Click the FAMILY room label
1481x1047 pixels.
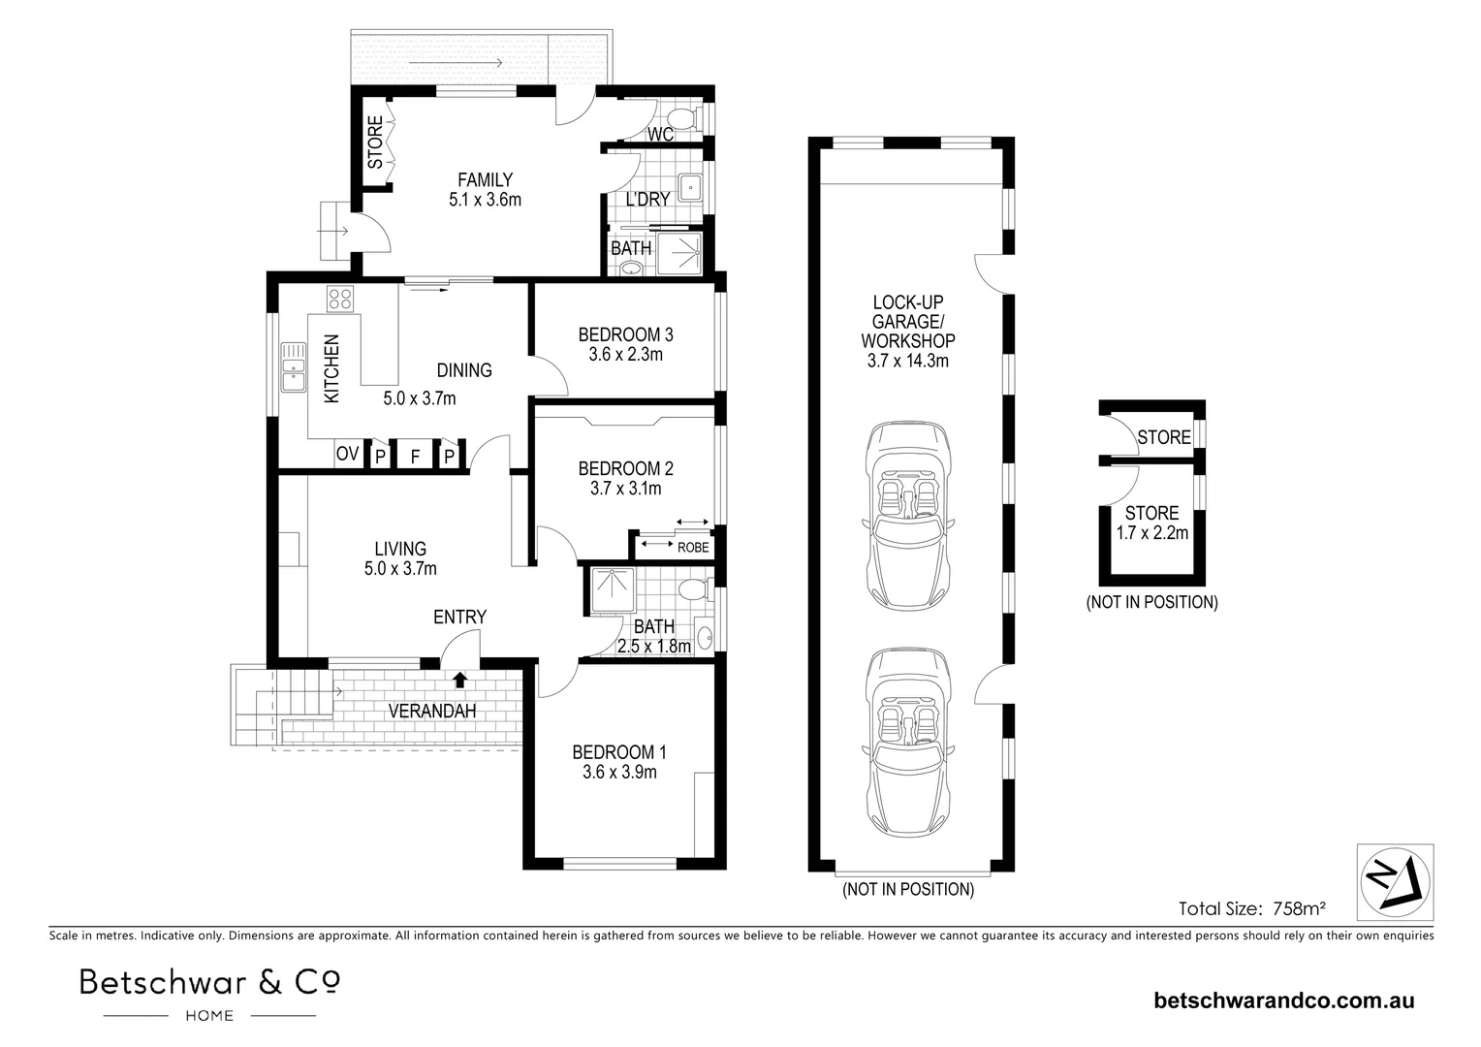tap(485, 179)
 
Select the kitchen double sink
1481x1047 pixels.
tap(292, 366)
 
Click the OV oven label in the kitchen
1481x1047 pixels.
tap(347, 454)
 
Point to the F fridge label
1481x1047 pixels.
tap(415, 456)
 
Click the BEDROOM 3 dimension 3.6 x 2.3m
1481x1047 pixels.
tap(625, 355)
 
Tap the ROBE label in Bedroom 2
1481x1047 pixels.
tap(692, 548)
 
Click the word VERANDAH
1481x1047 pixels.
tap(432, 712)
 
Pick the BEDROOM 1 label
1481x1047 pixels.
tap(619, 752)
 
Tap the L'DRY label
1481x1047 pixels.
tap(647, 199)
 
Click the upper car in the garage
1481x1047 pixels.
tap(908, 515)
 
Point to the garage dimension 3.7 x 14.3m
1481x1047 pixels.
tap(908, 361)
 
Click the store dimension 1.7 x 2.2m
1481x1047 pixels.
tap(1151, 532)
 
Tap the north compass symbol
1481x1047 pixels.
tap(1393, 880)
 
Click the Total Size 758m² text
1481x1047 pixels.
tap(1251, 908)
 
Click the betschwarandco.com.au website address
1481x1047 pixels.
tap(1283, 1000)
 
